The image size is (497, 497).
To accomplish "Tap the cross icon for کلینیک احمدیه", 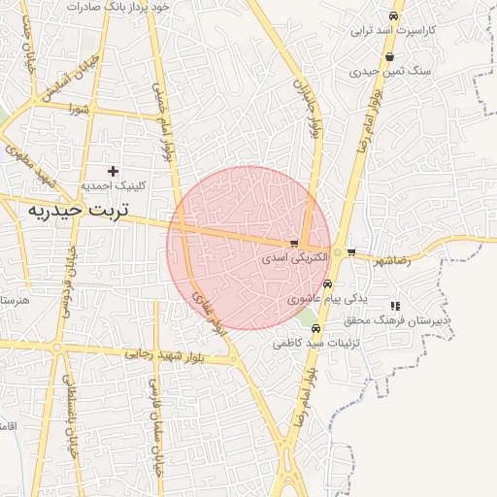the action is [x=113, y=171].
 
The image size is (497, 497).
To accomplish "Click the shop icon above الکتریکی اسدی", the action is [x=294, y=244].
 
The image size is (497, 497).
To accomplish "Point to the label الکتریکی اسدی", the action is [x=288, y=259].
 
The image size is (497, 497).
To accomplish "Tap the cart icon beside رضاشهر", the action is [x=351, y=252].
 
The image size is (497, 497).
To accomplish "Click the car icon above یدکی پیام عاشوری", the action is [x=327, y=284].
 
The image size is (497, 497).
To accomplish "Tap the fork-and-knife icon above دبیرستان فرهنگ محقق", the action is [x=394, y=306].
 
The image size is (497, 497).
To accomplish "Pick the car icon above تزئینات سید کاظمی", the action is [x=315, y=328].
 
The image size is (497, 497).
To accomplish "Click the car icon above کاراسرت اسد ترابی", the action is [x=392, y=17].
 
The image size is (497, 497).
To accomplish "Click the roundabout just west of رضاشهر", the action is [x=337, y=252].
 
